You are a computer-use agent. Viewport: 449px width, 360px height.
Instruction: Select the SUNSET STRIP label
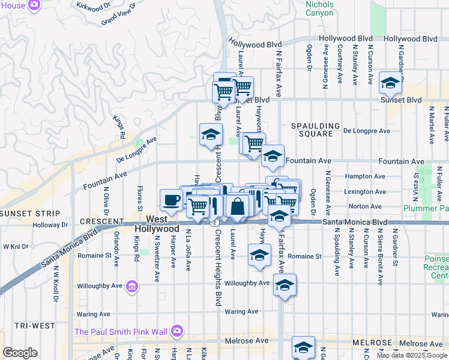(30, 214)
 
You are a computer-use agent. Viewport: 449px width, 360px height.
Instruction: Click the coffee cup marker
(171, 200)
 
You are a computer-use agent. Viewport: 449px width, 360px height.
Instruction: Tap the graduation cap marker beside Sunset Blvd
(390, 83)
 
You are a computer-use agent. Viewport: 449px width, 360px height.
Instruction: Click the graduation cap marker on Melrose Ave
(303, 347)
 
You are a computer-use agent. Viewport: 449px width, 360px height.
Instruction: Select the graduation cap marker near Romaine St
(259, 255)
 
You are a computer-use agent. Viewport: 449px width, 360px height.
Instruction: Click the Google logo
(20, 353)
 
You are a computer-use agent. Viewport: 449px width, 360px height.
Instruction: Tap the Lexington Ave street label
(364, 191)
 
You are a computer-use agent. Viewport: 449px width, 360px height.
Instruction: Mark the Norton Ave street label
(364, 206)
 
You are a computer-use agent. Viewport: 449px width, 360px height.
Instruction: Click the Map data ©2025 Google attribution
(411, 355)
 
